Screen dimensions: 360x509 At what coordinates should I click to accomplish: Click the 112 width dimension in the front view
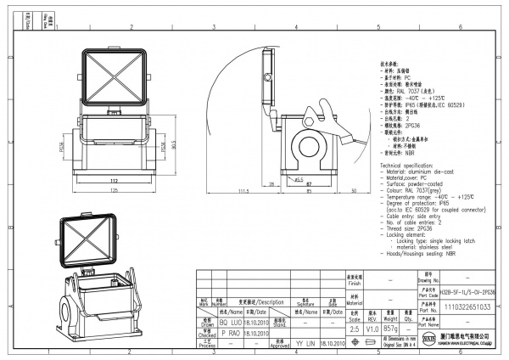pos(113,181)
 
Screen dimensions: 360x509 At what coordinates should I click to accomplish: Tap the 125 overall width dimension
pos(113,192)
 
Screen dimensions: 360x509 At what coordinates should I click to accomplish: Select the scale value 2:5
pos(355,327)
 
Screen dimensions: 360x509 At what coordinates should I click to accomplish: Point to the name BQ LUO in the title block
pos(230,323)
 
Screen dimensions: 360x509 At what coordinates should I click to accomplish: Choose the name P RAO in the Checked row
pos(230,334)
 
